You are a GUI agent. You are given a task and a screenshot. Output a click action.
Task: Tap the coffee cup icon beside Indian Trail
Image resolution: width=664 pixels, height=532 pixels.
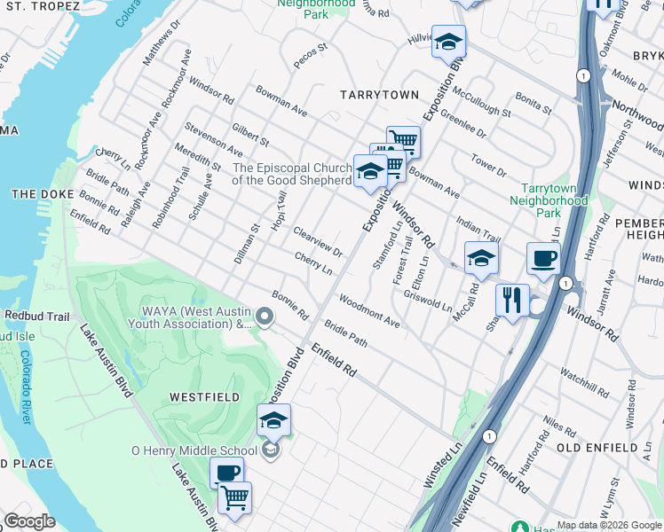click(543, 258)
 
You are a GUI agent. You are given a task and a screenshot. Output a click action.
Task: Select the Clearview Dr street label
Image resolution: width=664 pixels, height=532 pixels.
click(318, 240)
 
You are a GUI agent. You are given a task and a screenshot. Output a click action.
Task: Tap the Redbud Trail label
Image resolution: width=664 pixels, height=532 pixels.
click(36, 316)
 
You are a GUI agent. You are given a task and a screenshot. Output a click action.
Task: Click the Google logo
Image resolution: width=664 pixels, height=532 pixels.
click(29, 521)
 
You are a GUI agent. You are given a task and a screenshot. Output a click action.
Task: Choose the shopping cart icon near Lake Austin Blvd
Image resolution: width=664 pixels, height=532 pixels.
click(234, 497)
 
